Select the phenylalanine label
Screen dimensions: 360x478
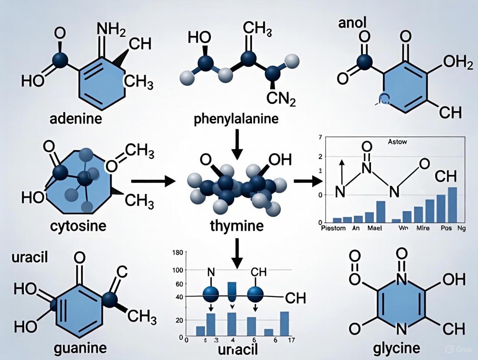[x=236, y=119]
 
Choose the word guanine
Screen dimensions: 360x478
[x=80, y=347]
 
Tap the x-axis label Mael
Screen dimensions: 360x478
[x=376, y=228]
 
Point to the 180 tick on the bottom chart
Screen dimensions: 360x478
[x=178, y=253]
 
